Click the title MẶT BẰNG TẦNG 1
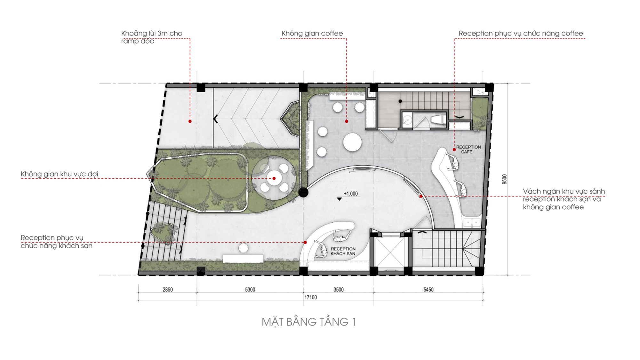click(309, 322)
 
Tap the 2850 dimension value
click(168, 290)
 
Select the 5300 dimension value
click(250, 290)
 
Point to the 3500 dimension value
click(338, 290)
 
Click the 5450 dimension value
click(428, 290)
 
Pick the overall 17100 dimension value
click(310, 297)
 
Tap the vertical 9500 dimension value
click(505, 179)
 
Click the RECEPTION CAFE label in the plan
click(468, 149)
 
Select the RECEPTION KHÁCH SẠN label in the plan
click(343, 251)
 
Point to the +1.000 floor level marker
click(351, 194)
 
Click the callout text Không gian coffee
click(312, 33)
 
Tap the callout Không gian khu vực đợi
click(59, 174)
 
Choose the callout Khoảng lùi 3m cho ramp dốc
click(152, 37)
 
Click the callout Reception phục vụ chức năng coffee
click(521, 33)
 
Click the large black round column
click(303, 192)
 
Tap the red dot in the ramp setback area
click(190, 121)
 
